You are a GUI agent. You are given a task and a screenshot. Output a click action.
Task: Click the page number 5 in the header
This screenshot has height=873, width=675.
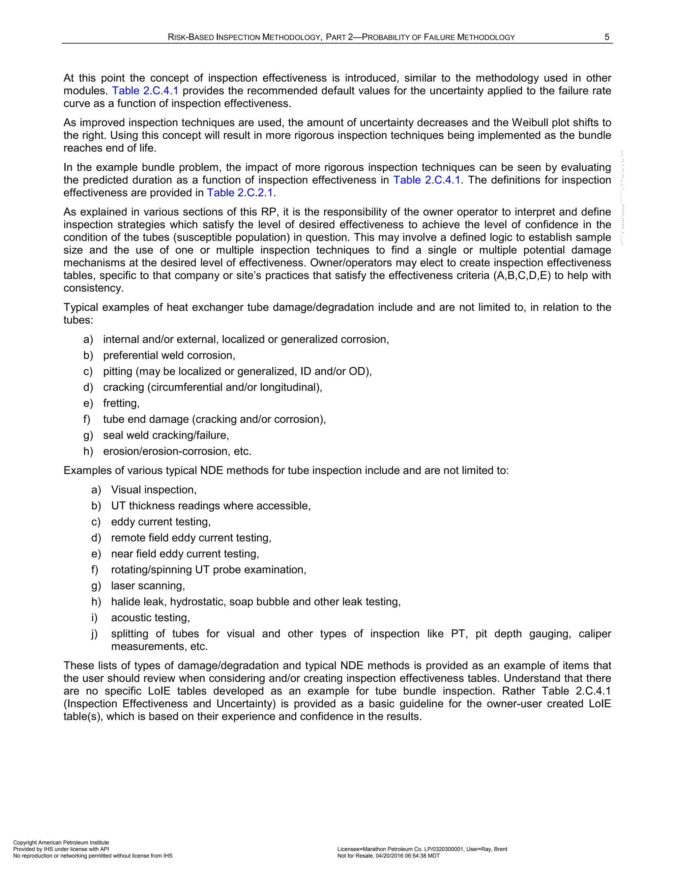[x=607, y=37]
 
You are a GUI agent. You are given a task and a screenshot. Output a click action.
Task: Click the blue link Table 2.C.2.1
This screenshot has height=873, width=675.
[x=240, y=193]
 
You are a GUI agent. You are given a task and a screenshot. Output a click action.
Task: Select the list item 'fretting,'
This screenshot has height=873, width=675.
[x=121, y=403]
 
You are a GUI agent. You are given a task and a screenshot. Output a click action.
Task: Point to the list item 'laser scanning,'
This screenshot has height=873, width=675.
[x=148, y=586]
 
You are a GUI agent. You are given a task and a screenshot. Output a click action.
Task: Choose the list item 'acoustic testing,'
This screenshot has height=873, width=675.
[x=150, y=618]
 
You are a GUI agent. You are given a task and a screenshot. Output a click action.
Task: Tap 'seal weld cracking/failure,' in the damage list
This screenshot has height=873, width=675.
[x=166, y=435]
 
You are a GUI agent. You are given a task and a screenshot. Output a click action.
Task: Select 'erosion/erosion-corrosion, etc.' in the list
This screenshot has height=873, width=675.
[x=177, y=451]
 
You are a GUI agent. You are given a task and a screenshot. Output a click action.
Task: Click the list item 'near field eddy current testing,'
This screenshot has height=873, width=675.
[x=185, y=554]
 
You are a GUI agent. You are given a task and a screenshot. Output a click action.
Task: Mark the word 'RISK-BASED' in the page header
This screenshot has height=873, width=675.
[x=191, y=37]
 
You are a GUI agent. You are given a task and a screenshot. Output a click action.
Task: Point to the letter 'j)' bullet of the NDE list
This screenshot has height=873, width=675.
[x=95, y=634]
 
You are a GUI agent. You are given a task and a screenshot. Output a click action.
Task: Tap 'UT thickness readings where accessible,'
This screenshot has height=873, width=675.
[x=211, y=506]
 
